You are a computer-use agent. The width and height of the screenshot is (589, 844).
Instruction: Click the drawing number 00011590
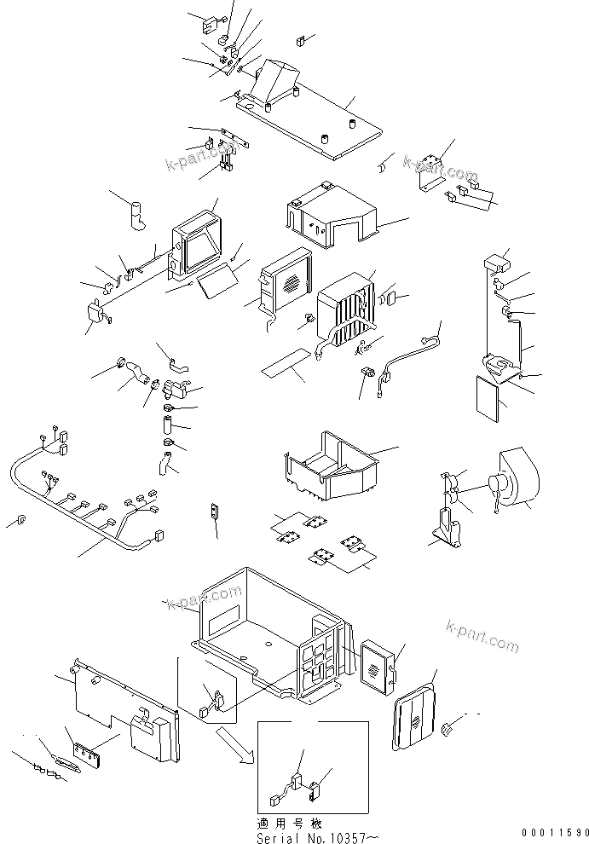553,831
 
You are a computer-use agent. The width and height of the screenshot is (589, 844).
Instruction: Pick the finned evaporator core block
345,315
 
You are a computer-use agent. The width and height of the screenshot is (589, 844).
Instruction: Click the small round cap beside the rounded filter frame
447,727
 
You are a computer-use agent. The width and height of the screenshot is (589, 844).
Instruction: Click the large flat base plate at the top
315,119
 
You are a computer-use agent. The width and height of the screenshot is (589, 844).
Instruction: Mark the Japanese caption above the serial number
290,824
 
